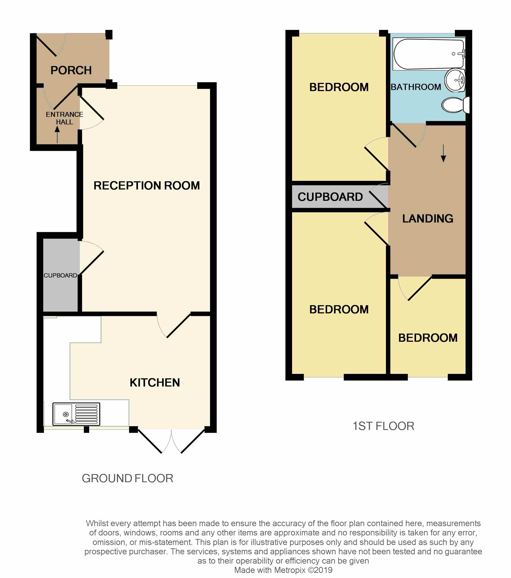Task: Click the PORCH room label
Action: point(71,70)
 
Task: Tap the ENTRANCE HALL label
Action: point(65,118)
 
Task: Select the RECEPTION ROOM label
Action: point(147,186)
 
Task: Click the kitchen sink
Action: point(76,414)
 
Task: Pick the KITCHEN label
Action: point(155,383)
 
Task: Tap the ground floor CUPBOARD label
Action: point(60,275)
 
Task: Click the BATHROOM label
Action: point(416,87)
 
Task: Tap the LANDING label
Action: point(428,219)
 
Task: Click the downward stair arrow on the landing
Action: point(443,154)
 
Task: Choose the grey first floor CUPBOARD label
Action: point(330,197)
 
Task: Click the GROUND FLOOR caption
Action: point(127,478)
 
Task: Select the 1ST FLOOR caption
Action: point(383,426)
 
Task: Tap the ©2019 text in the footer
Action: point(320,570)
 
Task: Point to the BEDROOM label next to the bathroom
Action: point(339,87)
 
